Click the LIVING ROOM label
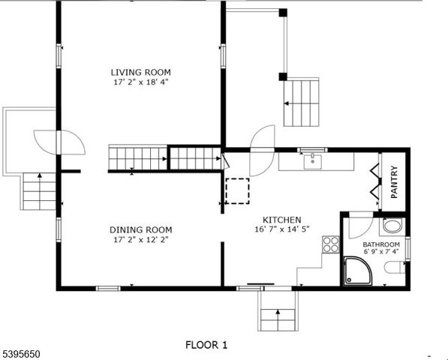(x=141, y=72)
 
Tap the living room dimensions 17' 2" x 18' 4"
(x=141, y=82)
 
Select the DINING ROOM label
(x=140, y=230)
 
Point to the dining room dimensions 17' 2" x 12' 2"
(x=140, y=240)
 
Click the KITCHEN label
(x=281, y=220)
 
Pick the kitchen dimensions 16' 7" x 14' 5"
(x=281, y=229)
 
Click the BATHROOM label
(x=380, y=244)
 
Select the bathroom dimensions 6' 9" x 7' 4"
(x=380, y=253)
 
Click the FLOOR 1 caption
(x=206, y=345)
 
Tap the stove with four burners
(x=330, y=244)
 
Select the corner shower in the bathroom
(x=357, y=271)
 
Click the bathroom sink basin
(x=392, y=226)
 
